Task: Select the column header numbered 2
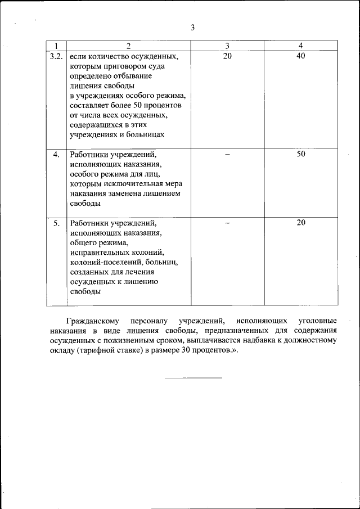coord(128,46)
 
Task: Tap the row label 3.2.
coord(56,56)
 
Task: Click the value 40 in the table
coord(301,56)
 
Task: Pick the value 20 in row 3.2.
coord(227,56)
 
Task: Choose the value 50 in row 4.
coord(301,154)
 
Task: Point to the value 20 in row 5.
coord(301,223)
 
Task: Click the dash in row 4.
coord(227,154)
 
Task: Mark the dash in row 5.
coord(227,223)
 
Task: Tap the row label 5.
coord(56,223)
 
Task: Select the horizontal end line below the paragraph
coord(193,377)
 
